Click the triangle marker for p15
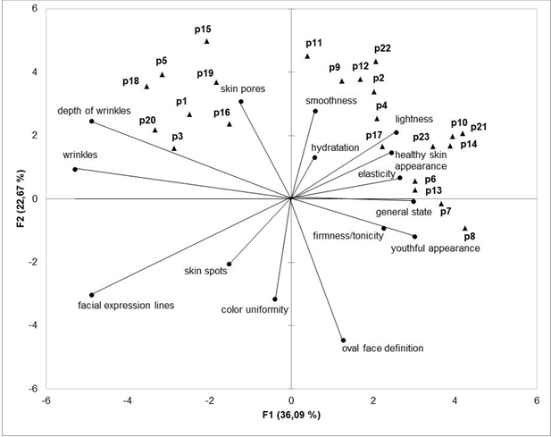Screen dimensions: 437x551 tap(207, 41)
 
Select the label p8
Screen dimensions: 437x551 tap(470, 237)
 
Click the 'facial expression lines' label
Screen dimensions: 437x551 tap(126, 306)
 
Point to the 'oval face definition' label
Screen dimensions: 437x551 tap(382, 349)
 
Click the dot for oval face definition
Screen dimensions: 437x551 tap(344, 340)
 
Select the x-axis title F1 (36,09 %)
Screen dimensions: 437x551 tap(290, 416)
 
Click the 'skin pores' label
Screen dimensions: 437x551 tap(242, 88)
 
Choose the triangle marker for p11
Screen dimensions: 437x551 tap(307, 55)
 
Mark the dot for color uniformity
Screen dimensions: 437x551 tap(275, 299)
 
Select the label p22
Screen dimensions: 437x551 tap(382, 48)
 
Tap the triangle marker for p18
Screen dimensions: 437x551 tap(147, 86)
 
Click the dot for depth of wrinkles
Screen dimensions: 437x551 tap(92, 122)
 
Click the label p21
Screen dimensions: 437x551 tap(479, 127)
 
